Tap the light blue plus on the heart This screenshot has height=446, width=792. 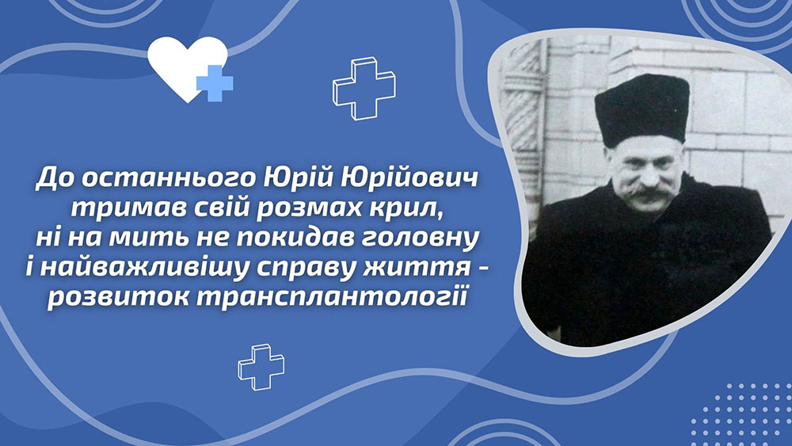tap(215, 83)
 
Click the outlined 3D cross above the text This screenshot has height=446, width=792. tap(364, 88)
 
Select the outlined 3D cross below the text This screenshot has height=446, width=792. tap(261, 368)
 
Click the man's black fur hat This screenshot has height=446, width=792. tap(642, 109)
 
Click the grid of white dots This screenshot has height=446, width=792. tap(741, 414)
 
